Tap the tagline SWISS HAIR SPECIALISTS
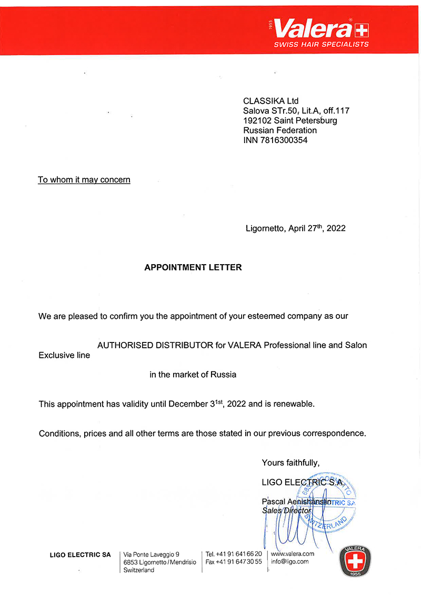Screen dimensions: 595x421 click(321, 45)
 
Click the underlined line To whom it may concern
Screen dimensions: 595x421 click(84, 180)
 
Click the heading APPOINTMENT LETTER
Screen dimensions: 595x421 click(193, 267)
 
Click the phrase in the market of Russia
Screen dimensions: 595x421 click(193, 375)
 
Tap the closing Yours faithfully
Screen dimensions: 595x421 click(290, 463)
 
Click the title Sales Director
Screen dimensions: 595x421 click(286, 510)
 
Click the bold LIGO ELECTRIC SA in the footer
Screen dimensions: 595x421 click(80, 554)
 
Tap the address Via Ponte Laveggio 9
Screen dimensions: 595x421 click(152, 554)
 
